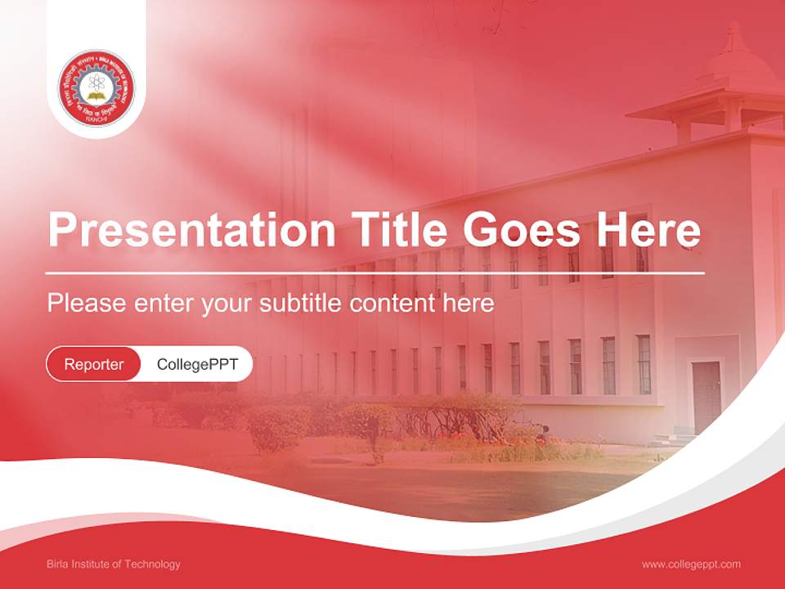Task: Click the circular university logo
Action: coord(96,88)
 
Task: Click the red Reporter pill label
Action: coord(94,364)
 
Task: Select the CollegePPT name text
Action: coord(197,364)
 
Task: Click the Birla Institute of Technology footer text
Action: coord(114,564)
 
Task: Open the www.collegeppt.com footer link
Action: coord(691,564)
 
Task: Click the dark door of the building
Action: coord(706,396)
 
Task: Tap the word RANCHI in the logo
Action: coord(96,120)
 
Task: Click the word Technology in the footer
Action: coord(155,564)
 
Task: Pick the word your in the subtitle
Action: coord(229,304)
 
